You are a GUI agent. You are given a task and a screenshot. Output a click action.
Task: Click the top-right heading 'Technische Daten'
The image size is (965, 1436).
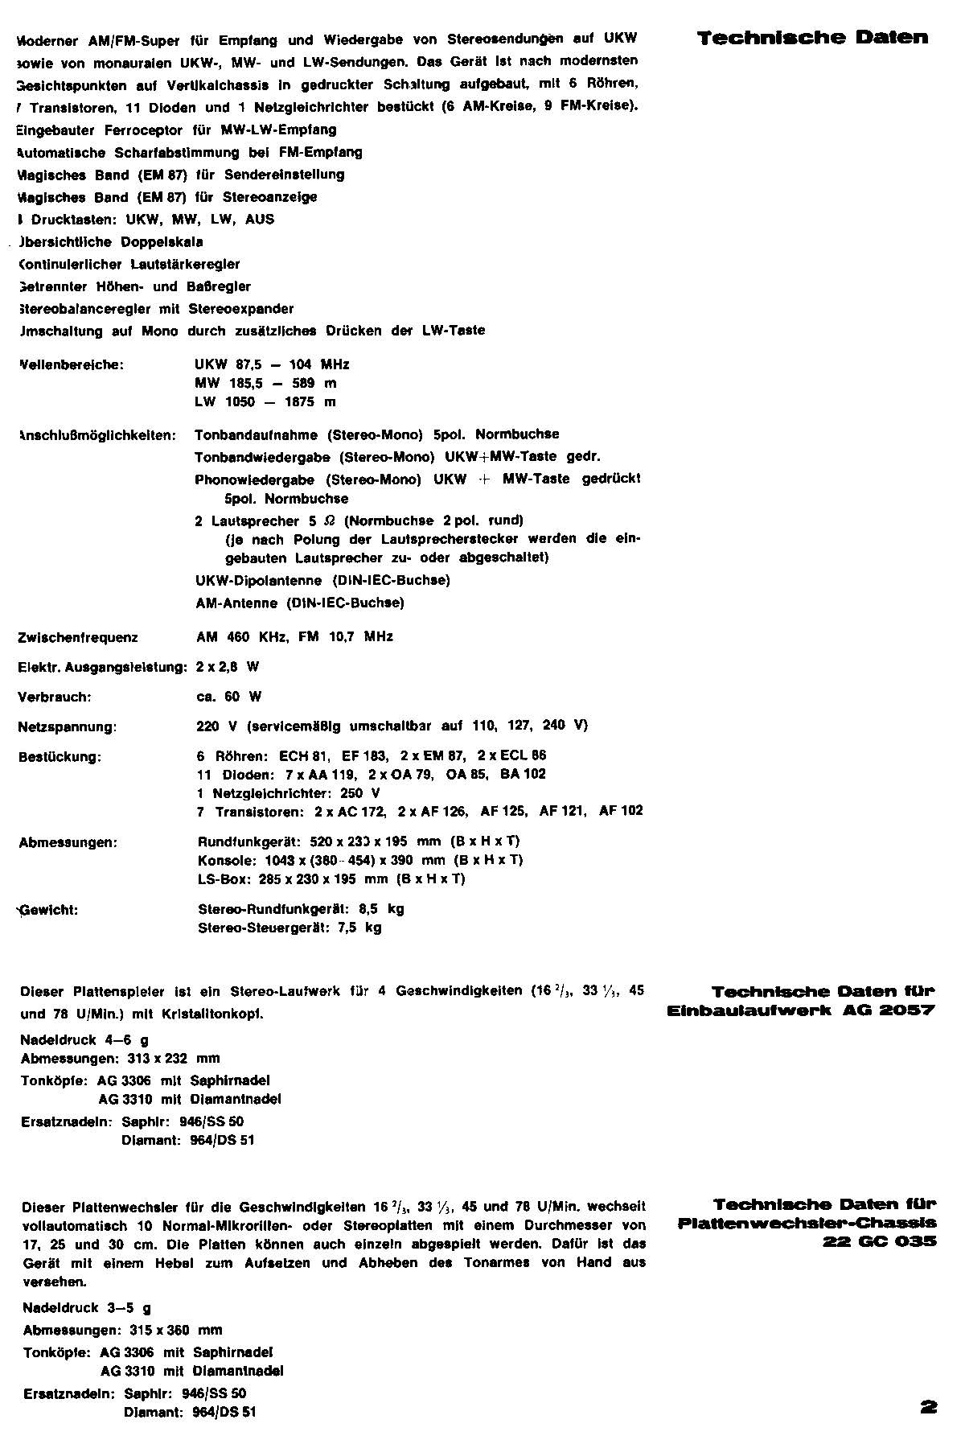click(812, 38)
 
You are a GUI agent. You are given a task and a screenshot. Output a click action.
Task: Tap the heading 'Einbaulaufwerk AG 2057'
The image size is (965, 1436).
click(801, 1011)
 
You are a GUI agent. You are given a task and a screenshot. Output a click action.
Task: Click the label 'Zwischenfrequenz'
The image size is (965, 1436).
click(78, 638)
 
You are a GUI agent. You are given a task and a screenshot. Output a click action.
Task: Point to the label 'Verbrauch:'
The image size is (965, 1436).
click(55, 697)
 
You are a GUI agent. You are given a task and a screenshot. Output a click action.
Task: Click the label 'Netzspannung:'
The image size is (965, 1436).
click(68, 727)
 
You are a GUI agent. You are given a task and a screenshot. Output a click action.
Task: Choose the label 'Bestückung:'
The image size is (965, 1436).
click(60, 757)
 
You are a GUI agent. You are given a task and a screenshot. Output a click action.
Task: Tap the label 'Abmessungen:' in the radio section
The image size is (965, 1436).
click(68, 843)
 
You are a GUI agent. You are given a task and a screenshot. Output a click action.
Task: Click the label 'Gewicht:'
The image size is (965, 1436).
click(50, 911)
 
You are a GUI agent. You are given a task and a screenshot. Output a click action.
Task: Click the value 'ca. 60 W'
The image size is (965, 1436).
click(229, 697)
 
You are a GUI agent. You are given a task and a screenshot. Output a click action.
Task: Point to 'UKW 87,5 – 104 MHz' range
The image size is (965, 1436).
click(272, 364)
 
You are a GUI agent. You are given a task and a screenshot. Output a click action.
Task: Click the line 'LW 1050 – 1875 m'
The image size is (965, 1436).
click(265, 402)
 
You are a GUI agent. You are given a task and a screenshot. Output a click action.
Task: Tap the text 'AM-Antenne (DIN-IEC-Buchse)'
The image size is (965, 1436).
click(300, 603)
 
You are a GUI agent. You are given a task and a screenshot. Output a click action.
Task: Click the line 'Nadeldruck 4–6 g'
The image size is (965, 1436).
click(84, 1040)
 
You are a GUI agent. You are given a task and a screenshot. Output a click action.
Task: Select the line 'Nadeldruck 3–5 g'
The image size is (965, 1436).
click(87, 1308)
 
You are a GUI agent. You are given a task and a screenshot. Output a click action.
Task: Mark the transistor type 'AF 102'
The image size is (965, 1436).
click(621, 811)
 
